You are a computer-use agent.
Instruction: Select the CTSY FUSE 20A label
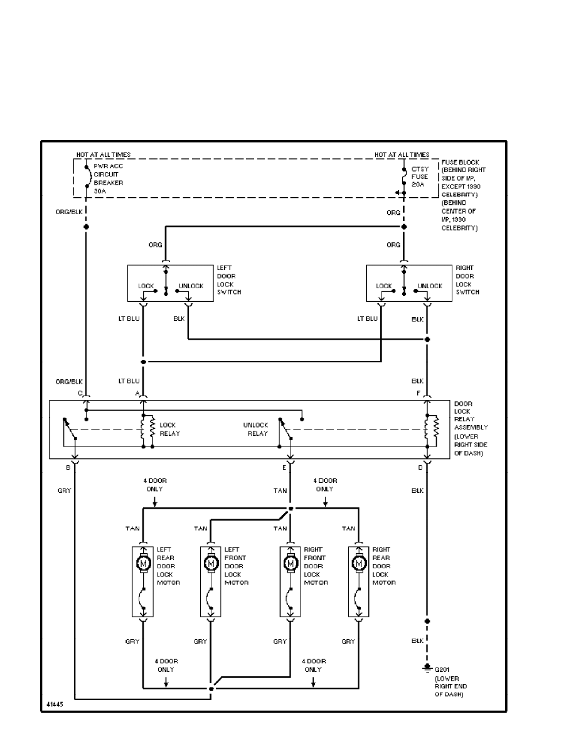click(420, 177)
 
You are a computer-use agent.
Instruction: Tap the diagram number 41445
click(54, 705)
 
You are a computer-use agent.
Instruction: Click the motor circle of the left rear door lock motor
click(144, 564)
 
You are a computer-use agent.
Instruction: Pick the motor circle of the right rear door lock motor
click(359, 564)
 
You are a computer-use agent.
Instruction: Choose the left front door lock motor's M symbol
click(210, 564)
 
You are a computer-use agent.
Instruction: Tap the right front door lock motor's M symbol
click(290, 564)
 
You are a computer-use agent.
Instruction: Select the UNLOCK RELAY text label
click(255, 429)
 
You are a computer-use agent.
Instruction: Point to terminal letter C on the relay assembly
click(80, 393)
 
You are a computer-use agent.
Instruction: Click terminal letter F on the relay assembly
click(419, 393)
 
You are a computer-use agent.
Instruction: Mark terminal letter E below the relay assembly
click(284, 467)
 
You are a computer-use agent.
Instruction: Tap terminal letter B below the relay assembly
click(68, 467)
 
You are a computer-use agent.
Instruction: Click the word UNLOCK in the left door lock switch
click(191, 286)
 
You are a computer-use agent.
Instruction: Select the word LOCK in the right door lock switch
click(384, 286)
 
